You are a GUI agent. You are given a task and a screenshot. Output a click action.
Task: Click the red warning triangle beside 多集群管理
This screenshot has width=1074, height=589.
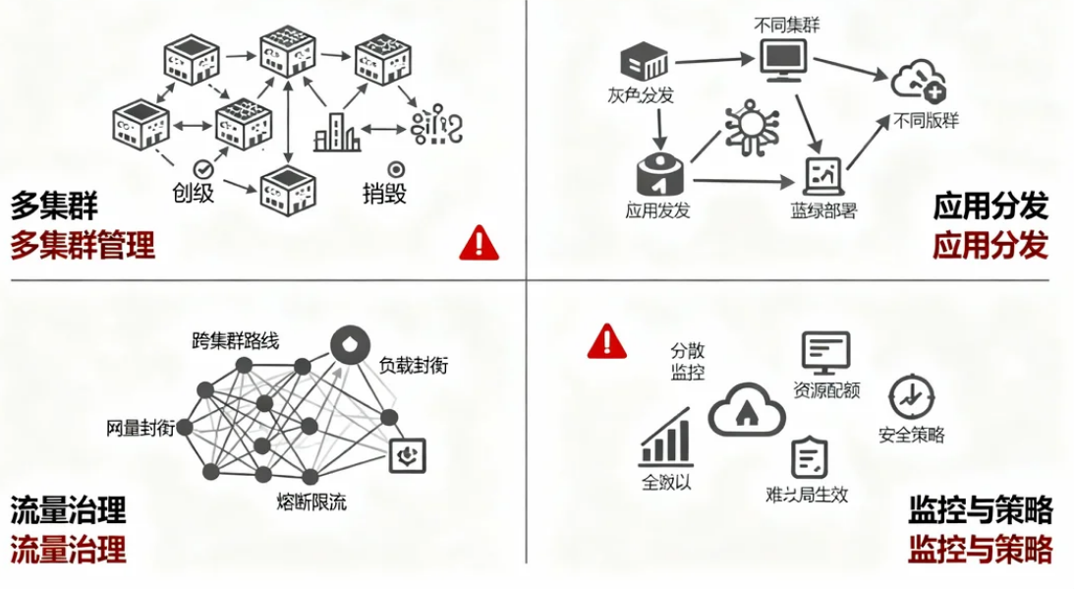[x=479, y=242]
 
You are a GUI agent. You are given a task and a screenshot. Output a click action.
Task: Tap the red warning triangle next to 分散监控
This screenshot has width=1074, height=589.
[x=607, y=340]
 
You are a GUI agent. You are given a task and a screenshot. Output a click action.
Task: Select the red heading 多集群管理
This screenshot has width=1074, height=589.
[x=83, y=244]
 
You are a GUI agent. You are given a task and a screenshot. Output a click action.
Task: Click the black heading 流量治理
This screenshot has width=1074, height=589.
[x=69, y=510]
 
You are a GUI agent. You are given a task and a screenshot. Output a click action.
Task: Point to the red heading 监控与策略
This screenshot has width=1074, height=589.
[x=980, y=548]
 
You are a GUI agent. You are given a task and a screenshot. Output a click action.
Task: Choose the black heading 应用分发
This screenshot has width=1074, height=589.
[x=990, y=206]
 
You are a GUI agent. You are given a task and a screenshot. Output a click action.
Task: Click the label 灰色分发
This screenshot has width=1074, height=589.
[x=641, y=95]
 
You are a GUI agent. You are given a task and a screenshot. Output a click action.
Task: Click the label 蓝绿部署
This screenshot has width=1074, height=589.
[x=823, y=210]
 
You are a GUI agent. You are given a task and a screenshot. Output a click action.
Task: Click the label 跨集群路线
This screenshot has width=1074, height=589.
[x=235, y=341]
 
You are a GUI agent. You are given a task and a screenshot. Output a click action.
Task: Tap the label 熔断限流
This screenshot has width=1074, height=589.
[x=311, y=503]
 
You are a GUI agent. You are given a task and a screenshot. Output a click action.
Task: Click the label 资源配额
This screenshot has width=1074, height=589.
[x=826, y=389]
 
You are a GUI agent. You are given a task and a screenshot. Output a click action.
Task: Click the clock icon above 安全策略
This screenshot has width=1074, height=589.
[x=911, y=398]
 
